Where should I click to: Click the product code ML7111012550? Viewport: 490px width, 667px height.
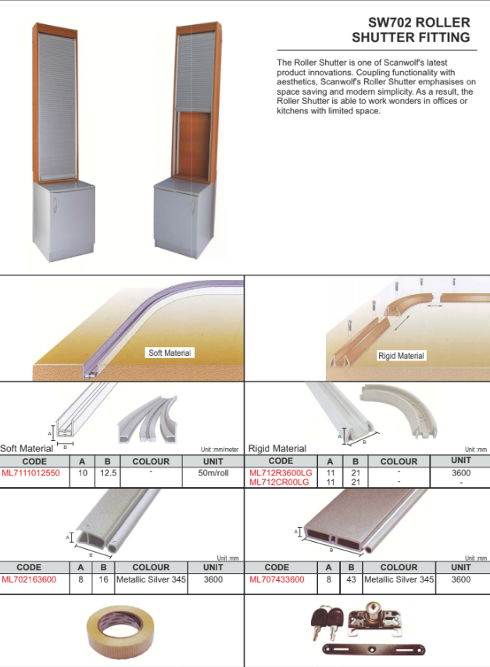[x=30, y=473]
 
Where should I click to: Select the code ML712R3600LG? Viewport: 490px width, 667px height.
[x=281, y=473]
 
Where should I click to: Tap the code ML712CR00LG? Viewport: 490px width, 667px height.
[x=279, y=482]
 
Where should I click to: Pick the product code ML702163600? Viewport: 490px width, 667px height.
[x=29, y=579]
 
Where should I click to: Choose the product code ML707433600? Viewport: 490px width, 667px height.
[x=277, y=579]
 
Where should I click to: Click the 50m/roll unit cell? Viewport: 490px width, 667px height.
[x=213, y=473]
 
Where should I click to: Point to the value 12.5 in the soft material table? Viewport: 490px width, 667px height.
[x=108, y=473]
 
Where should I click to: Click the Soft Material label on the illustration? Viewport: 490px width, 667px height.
[x=170, y=353]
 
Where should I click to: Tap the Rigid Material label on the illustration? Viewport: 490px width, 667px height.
[x=401, y=356]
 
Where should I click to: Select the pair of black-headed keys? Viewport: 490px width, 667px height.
[x=327, y=622]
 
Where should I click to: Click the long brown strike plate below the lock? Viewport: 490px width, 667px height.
[x=374, y=650]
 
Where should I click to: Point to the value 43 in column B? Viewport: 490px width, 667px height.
[x=351, y=579]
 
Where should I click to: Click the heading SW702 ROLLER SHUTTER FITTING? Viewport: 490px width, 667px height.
[x=411, y=30]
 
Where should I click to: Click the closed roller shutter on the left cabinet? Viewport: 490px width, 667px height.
[x=56, y=106]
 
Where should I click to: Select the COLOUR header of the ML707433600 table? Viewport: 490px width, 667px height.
[x=399, y=568]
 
